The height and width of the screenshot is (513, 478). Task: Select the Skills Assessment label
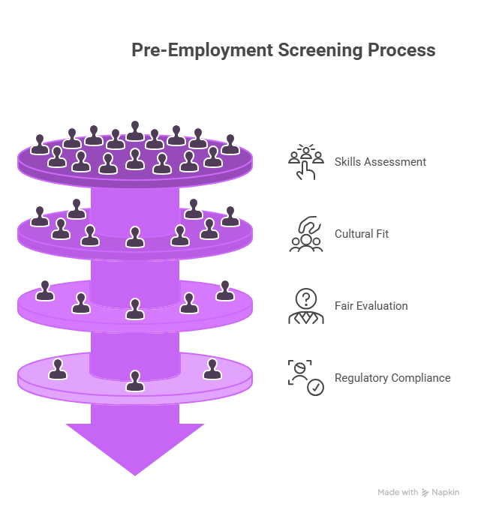(x=380, y=161)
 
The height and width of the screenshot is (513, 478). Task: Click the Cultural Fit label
(x=361, y=234)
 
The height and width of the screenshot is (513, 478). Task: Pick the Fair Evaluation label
(x=371, y=306)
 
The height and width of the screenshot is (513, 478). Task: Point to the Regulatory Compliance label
(x=392, y=378)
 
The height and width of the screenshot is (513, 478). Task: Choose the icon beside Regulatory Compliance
(x=305, y=378)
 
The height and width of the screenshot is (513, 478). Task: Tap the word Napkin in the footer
(x=445, y=493)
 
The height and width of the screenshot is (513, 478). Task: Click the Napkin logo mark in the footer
(x=425, y=493)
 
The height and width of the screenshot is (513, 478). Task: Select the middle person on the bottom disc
(x=134, y=380)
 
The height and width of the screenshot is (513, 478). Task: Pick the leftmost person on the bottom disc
(x=57, y=369)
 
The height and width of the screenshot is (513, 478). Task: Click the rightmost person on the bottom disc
(x=212, y=369)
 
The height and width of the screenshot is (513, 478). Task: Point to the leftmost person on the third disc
(x=45, y=289)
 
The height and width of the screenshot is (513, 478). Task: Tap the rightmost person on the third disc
(x=225, y=289)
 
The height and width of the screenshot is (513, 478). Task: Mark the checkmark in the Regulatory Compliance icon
(x=317, y=388)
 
